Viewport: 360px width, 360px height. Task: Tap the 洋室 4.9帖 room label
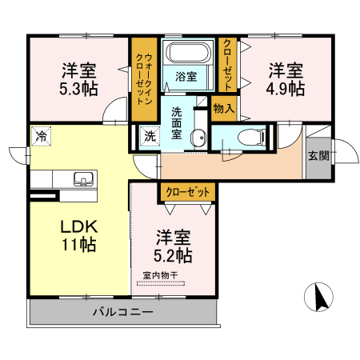pyautogui.click(x=286, y=78)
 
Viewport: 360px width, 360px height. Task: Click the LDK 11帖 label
pyautogui.click(x=78, y=235)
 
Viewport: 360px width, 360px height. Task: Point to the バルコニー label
pyautogui.click(x=122, y=311)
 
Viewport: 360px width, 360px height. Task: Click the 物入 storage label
pyautogui.click(x=223, y=108)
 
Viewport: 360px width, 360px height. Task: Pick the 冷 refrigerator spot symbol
pyautogui.click(x=39, y=135)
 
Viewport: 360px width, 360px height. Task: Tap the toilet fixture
pyautogui.click(x=250, y=136)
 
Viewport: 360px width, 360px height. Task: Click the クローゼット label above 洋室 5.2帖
pyautogui.click(x=188, y=192)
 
